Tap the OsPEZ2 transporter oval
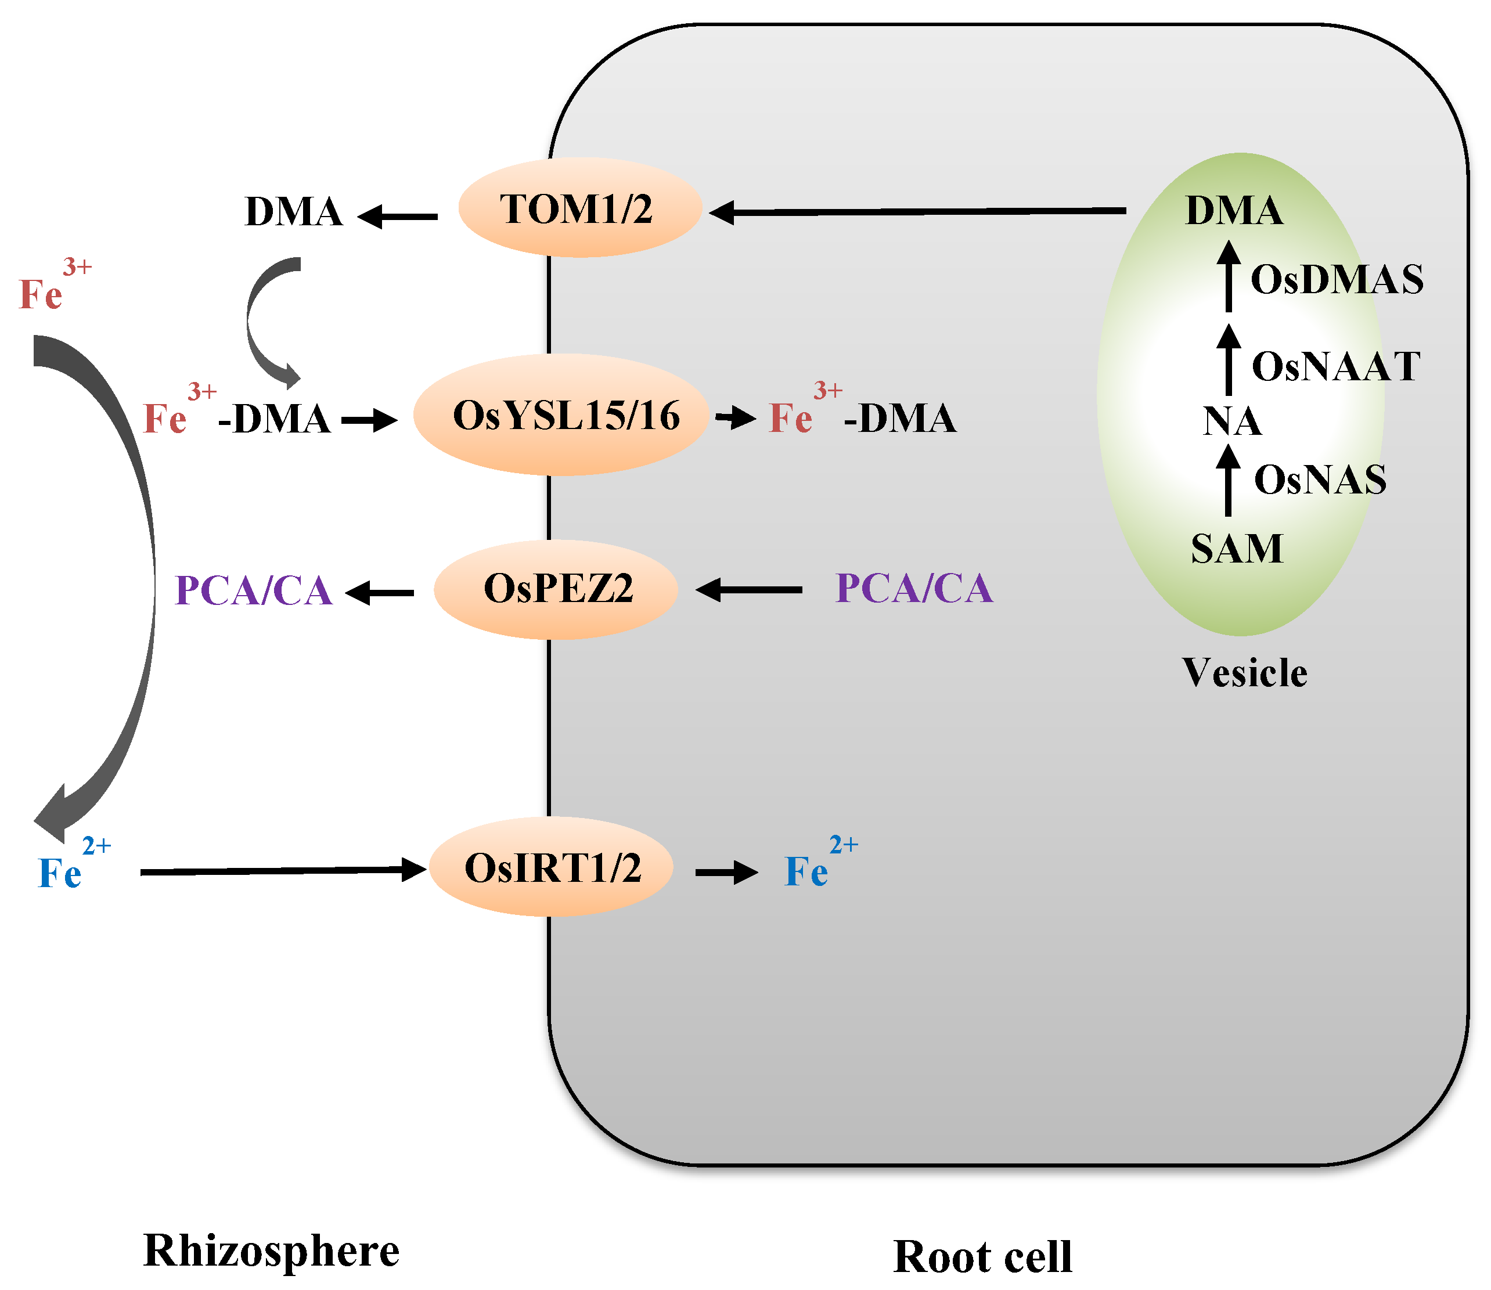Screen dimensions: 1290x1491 (556, 589)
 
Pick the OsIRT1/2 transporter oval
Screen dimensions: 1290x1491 (552, 867)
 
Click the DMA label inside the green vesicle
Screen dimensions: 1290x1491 (1233, 210)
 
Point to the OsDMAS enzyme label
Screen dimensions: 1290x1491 (1335, 279)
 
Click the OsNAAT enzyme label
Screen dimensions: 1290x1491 (1335, 366)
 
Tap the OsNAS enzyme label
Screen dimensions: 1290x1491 (1320, 480)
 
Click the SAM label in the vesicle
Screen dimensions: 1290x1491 (1236, 549)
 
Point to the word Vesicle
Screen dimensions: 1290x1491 (1244, 673)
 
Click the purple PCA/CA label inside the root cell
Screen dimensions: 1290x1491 (914, 588)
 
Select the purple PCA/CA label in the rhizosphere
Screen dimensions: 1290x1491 (253, 591)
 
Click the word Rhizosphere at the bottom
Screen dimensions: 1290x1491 (271, 1251)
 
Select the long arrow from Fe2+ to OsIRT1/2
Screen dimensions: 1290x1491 (281, 871)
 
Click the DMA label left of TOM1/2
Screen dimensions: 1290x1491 (293, 212)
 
